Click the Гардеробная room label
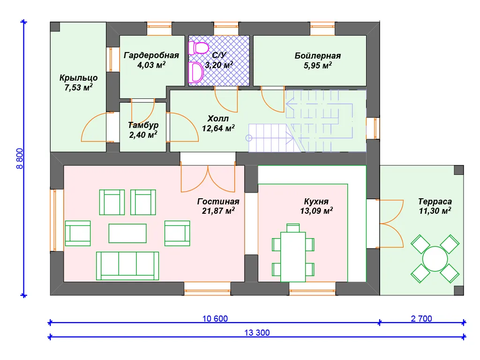coord(151,55)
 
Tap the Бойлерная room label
coord(317,56)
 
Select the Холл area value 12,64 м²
coord(218,128)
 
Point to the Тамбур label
coord(143,125)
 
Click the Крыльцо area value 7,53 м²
coord(78,87)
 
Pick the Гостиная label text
coord(218,202)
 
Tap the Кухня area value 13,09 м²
coord(316,210)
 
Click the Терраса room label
coord(435,202)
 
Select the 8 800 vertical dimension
coord(20,158)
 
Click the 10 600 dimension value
coord(215,319)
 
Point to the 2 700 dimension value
coord(421,319)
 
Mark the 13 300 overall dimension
coord(257,333)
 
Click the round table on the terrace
coord(435,259)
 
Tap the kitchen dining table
coord(293,257)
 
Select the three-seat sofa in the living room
coord(127,266)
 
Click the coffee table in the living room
coord(127,233)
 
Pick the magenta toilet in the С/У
coord(199,48)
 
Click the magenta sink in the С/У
coord(196,73)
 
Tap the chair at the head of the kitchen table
coord(293,228)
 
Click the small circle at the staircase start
coord(249,138)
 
